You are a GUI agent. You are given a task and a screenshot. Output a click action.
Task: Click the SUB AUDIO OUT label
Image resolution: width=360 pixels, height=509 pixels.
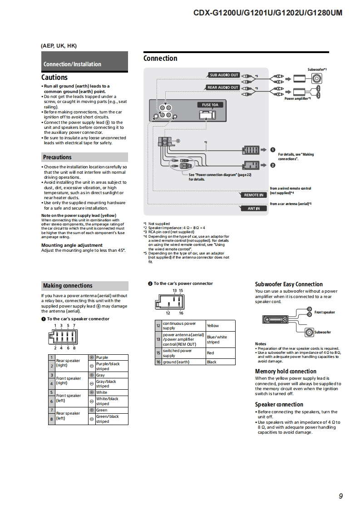pyautogui.click(x=224, y=75)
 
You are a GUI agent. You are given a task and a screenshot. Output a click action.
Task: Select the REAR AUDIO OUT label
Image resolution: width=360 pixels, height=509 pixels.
pyautogui.click(x=223, y=88)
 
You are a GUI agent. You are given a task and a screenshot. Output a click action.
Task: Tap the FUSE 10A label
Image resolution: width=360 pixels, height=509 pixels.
pyautogui.click(x=210, y=105)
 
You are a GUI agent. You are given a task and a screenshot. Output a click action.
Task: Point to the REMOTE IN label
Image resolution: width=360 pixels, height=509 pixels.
pyautogui.click(x=253, y=195)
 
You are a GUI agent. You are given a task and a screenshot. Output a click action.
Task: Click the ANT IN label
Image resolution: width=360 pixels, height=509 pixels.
pyautogui.click(x=254, y=209)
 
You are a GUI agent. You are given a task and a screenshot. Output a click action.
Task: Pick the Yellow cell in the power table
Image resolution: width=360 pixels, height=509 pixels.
pyautogui.click(x=213, y=326)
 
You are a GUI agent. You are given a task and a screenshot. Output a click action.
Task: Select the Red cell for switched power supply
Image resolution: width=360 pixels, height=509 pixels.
pyautogui.click(x=211, y=353)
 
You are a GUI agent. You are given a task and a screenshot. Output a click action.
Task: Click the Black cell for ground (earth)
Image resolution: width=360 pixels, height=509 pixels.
pyautogui.click(x=212, y=362)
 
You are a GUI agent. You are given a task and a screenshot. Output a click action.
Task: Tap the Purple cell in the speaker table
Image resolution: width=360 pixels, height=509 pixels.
pyautogui.click(x=102, y=357)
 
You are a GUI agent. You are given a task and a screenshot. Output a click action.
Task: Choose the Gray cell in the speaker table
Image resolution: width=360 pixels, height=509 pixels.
pyautogui.click(x=100, y=375)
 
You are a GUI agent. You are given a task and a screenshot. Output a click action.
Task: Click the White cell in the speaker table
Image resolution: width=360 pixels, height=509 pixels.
pyautogui.click(x=102, y=392)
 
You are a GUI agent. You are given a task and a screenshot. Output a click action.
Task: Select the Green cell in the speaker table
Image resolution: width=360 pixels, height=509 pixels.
pyautogui.click(x=102, y=410)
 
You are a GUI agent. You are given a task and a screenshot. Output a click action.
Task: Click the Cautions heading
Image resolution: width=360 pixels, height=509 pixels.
pyautogui.click(x=54, y=78)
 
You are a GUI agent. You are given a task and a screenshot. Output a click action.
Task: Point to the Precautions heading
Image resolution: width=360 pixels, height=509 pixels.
pyautogui.click(x=57, y=157)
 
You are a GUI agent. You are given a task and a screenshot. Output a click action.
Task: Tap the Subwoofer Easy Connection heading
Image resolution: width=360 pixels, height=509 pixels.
pyautogui.click(x=289, y=284)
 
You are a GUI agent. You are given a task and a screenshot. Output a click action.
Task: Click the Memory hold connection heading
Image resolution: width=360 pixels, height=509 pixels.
pyautogui.click(x=286, y=371)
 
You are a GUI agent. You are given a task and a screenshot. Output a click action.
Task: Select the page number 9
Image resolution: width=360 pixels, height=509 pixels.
pyautogui.click(x=340, y=496)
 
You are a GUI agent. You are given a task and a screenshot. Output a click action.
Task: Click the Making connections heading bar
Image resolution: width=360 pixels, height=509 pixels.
pyautogui.click(x=68, y=286)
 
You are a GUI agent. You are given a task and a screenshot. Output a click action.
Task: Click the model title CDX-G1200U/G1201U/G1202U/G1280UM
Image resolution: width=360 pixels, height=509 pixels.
pyautogui.click(x=268, y=13)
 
